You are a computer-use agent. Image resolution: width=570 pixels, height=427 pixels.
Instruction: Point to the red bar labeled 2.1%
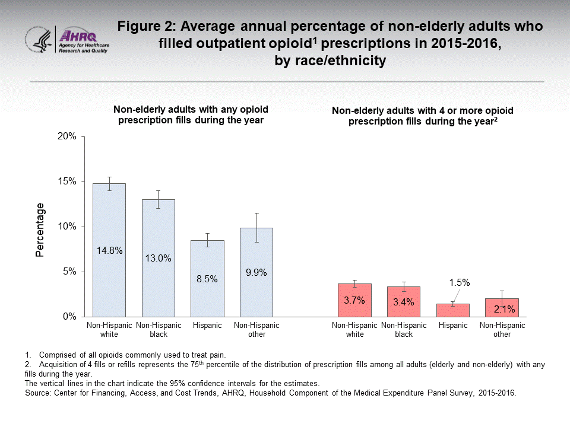click(x=502, y=308)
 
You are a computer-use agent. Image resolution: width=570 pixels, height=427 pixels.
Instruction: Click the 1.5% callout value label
click(x=459, y=283)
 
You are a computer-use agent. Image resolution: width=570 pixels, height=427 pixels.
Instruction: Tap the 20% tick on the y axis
click(x=66, y=136)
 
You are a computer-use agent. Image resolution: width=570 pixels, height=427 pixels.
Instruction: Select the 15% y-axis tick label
click(x=66, y=181)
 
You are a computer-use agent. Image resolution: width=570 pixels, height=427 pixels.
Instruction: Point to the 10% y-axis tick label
click(x=66, y=227)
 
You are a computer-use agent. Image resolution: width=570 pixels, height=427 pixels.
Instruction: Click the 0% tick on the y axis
click(x=69, y=317)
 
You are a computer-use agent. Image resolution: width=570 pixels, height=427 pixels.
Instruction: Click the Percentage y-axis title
click(x=40, y=230)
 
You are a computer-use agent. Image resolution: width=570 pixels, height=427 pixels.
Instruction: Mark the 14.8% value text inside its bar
click(x=109, y=251)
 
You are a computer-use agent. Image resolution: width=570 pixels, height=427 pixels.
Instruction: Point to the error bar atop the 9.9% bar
click(x=256, y=227)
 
